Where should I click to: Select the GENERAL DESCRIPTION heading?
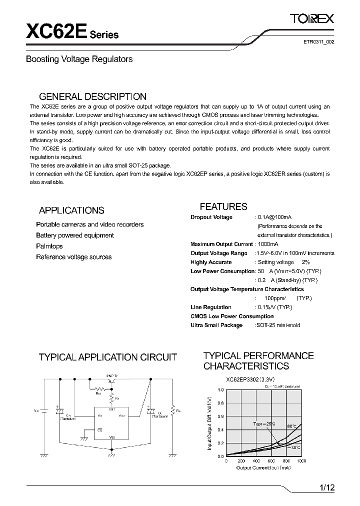click(92, 96)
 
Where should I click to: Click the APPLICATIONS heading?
click(71, 210)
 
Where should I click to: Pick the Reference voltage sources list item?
click(73, 257)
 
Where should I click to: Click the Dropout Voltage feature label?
click(211, 217)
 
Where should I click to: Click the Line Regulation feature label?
click(211, 307)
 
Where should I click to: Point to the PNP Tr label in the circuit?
click(112, 374)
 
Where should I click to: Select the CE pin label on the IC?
click(100, 429)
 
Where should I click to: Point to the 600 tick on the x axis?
click(271, 460)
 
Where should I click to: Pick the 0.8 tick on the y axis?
click(221, 403)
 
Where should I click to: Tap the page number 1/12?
click(325, 487)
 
